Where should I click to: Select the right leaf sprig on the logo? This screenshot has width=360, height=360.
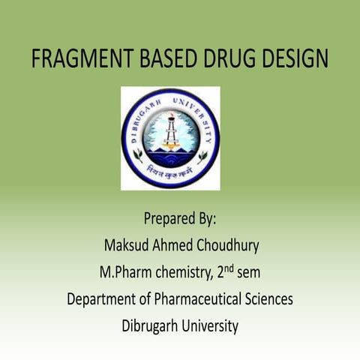coord(202,156)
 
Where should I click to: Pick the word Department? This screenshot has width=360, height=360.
coord(103,299)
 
